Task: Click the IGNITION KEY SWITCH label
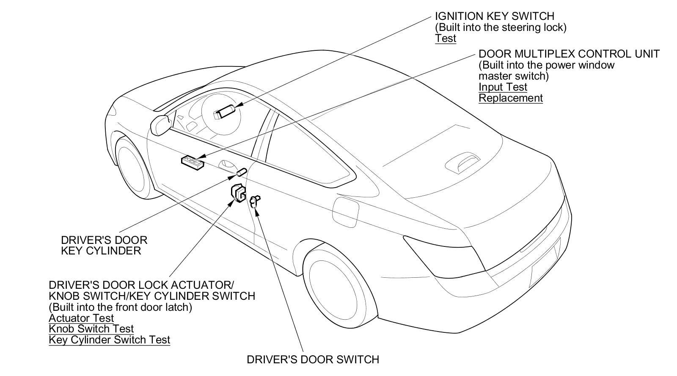(494, 16)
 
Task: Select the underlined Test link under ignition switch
(446, 39)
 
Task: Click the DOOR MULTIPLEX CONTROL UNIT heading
(569, 54)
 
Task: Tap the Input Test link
(503, 87)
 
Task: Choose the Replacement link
(510, 98)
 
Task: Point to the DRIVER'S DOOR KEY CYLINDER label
(104, 245)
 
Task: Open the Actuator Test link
(81, 318)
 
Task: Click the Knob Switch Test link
(91, 329)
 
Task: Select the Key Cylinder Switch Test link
(109, 340)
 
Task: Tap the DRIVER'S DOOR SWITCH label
(313, 359)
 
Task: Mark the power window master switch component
(193, 162)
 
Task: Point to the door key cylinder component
(241, 172)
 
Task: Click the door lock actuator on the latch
(239, 193)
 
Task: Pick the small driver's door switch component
(255, 201)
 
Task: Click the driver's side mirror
(160, 123)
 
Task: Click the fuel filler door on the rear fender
(347, 210)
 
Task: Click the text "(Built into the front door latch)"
(120, 307)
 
